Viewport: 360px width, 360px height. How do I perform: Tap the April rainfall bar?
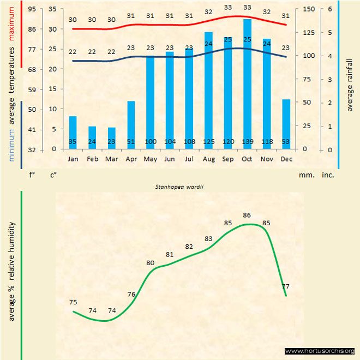[131, 125]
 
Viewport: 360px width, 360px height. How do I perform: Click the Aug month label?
[208, 159]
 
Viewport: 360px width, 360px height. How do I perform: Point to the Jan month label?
[73, 159]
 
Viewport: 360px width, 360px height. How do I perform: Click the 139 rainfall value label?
[247, 142]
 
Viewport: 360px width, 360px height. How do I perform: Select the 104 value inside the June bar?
[170, 142]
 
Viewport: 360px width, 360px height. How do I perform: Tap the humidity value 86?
[247, 215]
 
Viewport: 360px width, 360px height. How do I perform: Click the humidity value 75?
[73, 302]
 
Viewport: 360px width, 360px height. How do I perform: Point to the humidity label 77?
[286, 286]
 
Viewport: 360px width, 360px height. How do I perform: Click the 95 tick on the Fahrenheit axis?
[32, 9]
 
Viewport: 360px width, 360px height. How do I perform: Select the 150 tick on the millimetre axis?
[309, 9]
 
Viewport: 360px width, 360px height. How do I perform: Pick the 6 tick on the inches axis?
[329, 9]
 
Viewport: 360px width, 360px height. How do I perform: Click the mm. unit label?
[305, 176]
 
